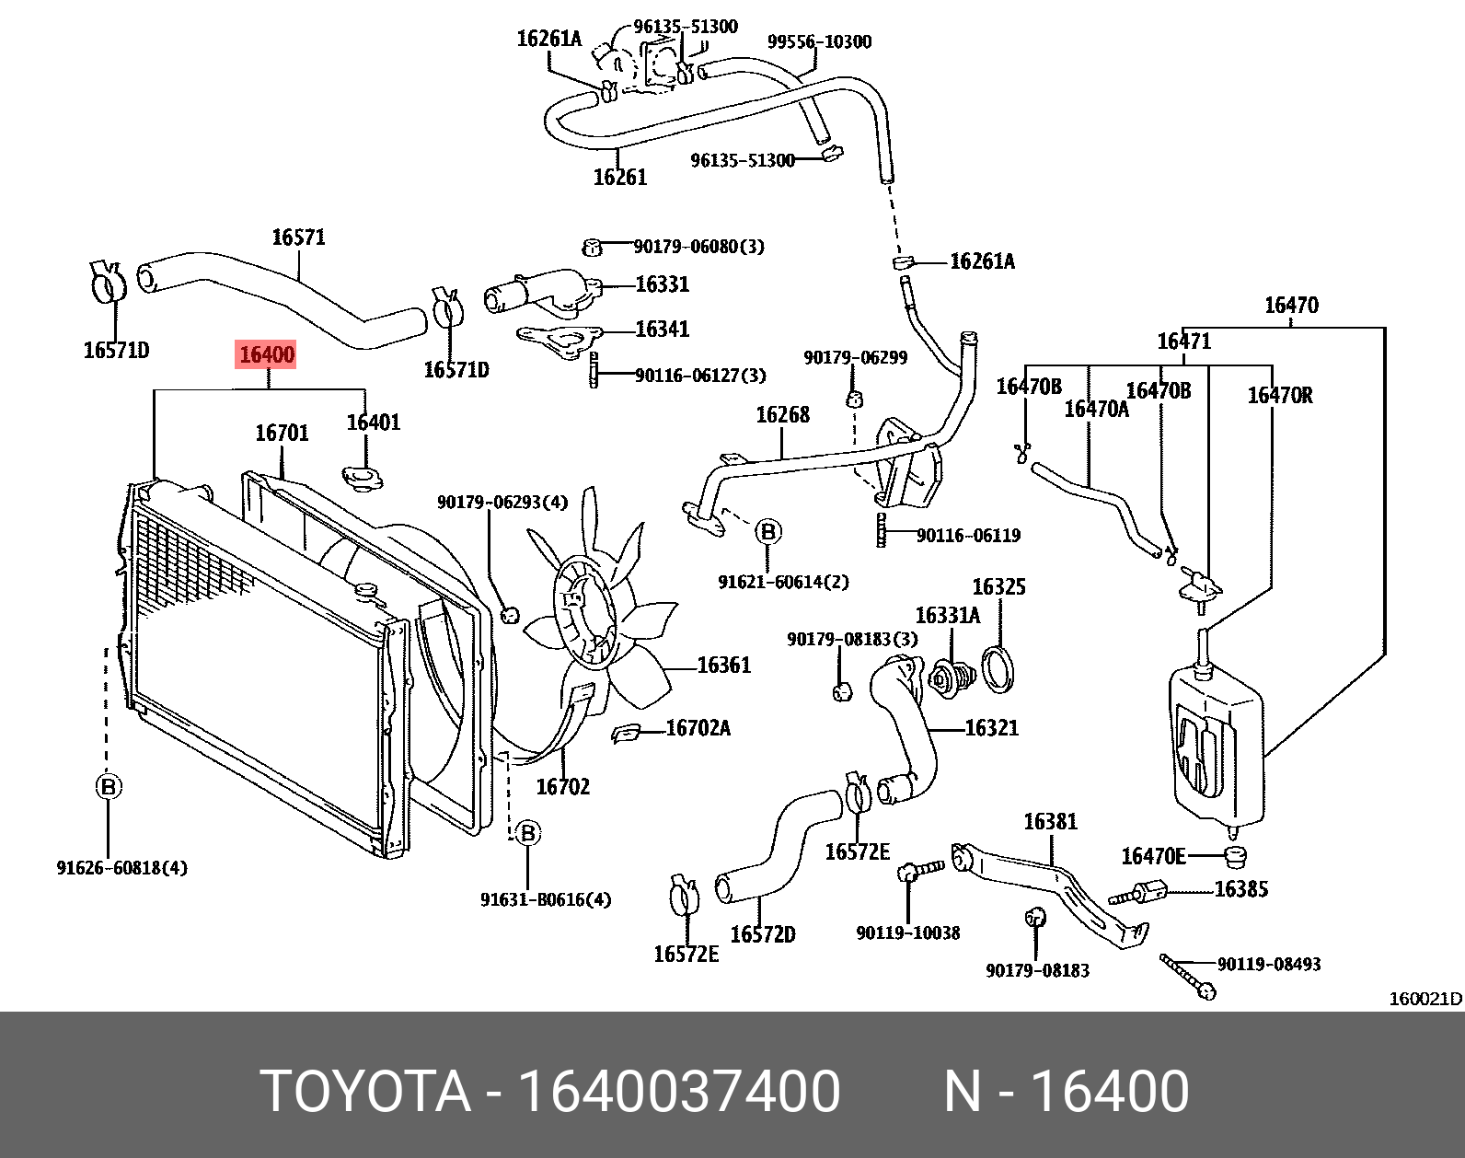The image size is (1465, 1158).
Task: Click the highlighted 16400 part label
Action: (267, 354)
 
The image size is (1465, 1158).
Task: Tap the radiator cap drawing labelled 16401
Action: (365, 479)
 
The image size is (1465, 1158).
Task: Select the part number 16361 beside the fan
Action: (724, 665)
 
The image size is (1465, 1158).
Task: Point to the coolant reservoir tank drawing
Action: (1215, 746)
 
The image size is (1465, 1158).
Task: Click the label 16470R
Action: (1280, 395)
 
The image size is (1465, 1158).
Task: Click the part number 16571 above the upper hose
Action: (298, 237)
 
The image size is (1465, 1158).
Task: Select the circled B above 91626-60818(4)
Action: (109, 787)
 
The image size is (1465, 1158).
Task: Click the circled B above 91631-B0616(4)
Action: (527, 833)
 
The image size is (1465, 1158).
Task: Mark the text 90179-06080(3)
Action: (698, 247)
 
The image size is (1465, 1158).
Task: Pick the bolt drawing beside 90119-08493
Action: (1188, 977)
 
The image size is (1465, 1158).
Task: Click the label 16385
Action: (1241, 888)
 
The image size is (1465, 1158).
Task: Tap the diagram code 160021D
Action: (1425, 999)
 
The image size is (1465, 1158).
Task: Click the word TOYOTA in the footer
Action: (365, 1091)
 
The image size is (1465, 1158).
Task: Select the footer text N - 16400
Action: (1067, 1091)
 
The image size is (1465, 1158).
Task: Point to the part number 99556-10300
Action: (819, 41)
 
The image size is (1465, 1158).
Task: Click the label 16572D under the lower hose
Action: (762, 934)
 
